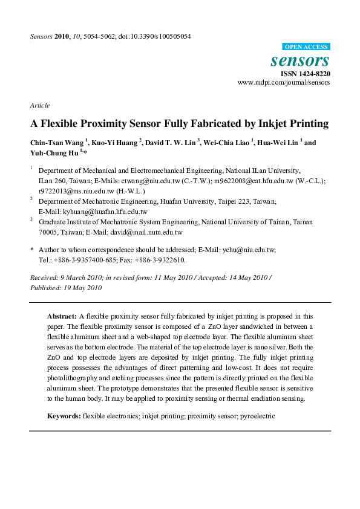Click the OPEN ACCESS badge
click(307, 47)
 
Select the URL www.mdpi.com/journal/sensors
click(284, 82)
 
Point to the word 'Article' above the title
click(39, 105)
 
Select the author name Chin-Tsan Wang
click(57, 143)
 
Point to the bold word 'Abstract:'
click(62, 316)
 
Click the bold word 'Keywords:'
click(64, 417)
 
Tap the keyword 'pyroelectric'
click(257, 417)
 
